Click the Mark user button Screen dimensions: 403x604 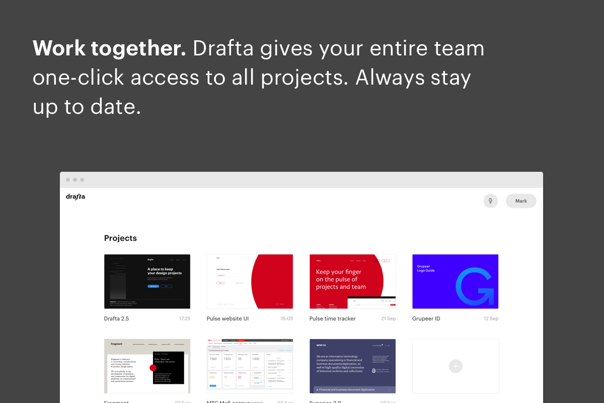click(x=521, y=201)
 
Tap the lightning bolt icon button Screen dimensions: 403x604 click(x=490, y=201)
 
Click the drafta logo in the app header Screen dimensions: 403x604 click(x=75, y=196)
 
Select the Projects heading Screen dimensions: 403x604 click(x=120, y=238)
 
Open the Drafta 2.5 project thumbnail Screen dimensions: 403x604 click(x=147, y=281)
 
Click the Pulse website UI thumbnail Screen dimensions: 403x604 click(x=250, y=281)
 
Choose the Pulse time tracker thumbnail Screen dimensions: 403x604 click(x=352, y=281)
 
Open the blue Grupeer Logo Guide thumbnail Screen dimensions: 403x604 click(x=455, y=281)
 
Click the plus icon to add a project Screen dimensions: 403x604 click(x=456, y=366)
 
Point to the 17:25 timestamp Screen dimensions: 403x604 click(x=185, y=318)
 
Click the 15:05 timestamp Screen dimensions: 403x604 click(x=287, y=318)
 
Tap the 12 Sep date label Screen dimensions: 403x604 click(x=491, y=318)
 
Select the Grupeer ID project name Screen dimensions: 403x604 click(x=426, y=318)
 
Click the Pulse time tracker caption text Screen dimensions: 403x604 click(x=332, y=318)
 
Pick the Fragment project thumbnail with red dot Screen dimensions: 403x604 click(x=147, y=366)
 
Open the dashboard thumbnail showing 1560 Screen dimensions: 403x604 click(x=250, y=366)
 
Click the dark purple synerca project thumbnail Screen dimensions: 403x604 click(x=352, y=366)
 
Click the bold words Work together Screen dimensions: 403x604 click(x=109, y=48)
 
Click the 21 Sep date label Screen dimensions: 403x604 click(x=388, y=318)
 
